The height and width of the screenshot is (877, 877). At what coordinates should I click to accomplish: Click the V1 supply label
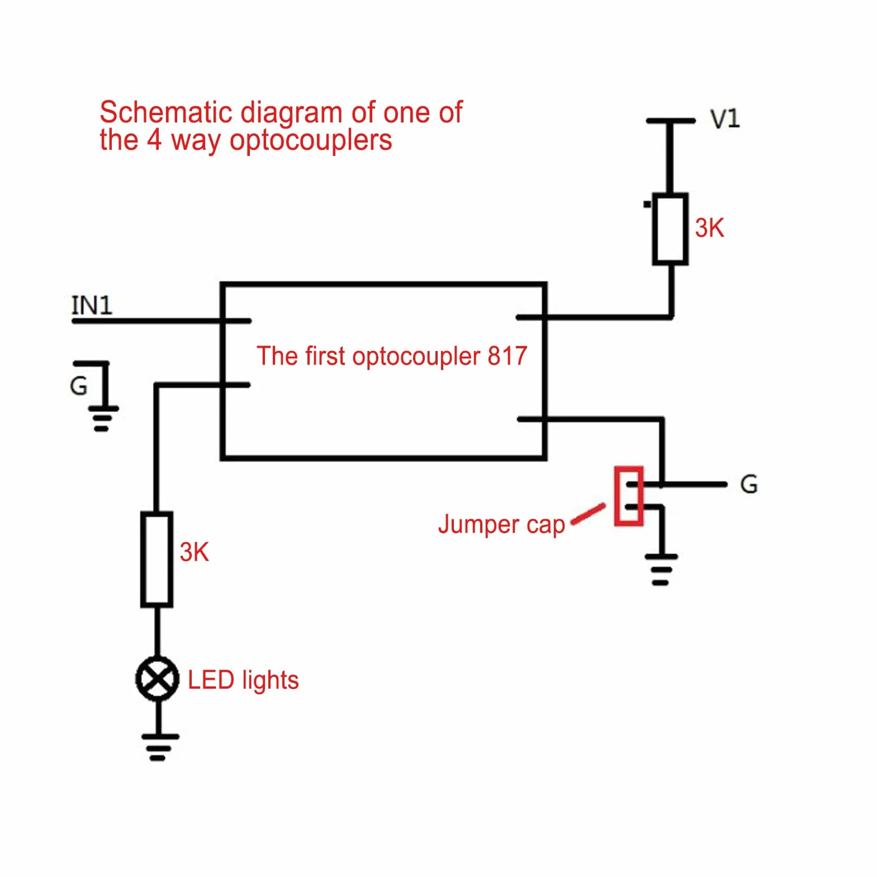[x=725, y=119]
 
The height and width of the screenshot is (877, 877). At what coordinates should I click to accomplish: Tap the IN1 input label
[x=92, y=305]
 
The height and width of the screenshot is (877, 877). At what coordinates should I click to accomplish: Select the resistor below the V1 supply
[x=670, y=229]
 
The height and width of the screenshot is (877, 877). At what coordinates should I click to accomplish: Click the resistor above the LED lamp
[x=157, y=559]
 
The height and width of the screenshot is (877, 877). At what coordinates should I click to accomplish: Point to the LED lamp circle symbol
[x=158, y=679]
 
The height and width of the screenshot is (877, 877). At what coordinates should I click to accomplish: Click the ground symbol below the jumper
[x=661, y=570]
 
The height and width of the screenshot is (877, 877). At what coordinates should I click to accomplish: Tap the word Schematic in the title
[x=165, y=112]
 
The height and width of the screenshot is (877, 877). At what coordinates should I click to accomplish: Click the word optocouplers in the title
[x=311, y=141]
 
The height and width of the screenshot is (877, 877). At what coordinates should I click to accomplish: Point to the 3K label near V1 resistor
[x=709, y=228]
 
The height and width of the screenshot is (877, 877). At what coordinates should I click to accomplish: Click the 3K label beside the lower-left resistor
[x=194, y=552]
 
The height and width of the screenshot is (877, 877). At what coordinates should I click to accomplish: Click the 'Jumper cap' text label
[x=501, y=525]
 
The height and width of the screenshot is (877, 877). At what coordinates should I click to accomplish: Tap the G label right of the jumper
[x=749, y=484]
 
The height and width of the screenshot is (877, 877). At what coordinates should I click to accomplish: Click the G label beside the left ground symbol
[x=78, y=386]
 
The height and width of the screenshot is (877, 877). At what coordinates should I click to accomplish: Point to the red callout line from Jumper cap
[x=588, y=514]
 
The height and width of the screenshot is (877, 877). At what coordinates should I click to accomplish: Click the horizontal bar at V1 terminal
[x=670, y=121]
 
